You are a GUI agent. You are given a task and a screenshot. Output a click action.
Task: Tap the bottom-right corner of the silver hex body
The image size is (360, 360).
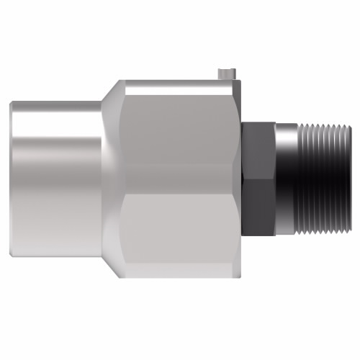(x=237, y=274)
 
